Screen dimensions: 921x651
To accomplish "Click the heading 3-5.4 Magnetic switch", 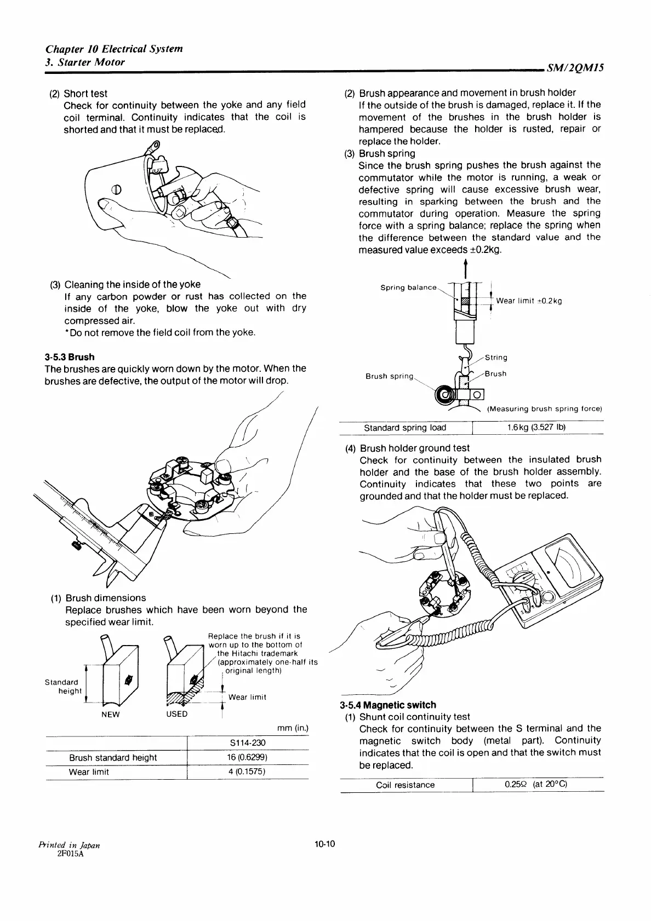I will pos(387,705).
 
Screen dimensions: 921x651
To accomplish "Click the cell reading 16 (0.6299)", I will pos(248,758).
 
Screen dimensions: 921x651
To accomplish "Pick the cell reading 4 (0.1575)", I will pos(248,772).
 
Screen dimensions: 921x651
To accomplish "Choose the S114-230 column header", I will pos(248,743).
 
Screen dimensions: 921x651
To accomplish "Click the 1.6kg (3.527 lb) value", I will pos(536,428).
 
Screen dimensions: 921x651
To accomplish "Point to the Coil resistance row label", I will pos(405,785).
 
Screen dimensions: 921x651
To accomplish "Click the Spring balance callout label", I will pos(408,287).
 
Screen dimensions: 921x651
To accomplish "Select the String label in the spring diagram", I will pos(496,358).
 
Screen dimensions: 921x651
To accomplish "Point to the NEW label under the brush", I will pos(110,714).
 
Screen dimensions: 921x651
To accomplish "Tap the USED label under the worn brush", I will pos(177,714).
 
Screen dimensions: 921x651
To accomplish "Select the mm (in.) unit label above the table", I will pos(293,728).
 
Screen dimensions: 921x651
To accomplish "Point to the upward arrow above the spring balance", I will pos(465,268).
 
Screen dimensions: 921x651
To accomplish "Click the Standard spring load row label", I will pos(405,428).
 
